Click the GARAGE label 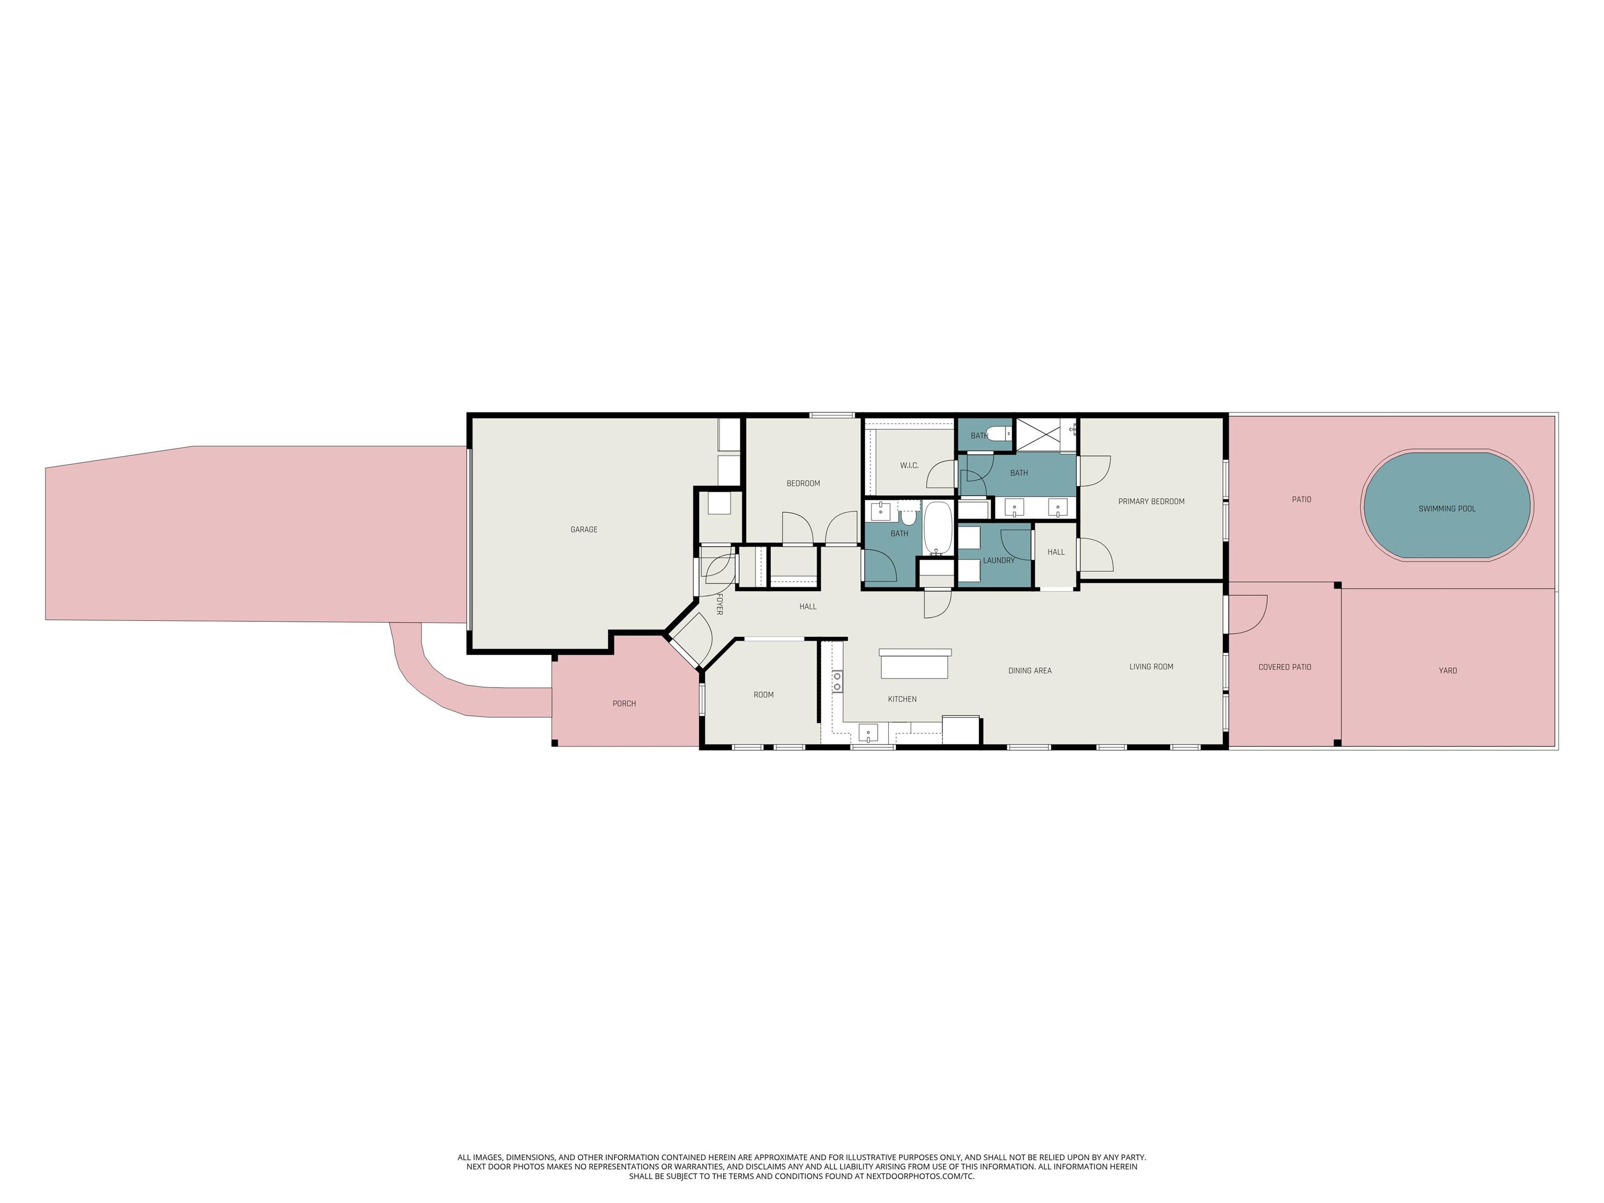(x=584, y=530)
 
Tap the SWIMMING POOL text (x=1447, y=509)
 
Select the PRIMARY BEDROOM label (x=1151, y=502)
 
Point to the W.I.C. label (x=910, y=466)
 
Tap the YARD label (x=1448, y=671)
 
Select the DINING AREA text (x=1030, y=671)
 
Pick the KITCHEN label (x=902, y=700)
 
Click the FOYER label (x=720, y=604)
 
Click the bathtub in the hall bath (x=938, y=528)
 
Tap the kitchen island (x=915, y=664)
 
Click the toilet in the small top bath (x=999, y=434)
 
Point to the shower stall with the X (x=1045, y=435)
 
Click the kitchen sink (x=868, y=733)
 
